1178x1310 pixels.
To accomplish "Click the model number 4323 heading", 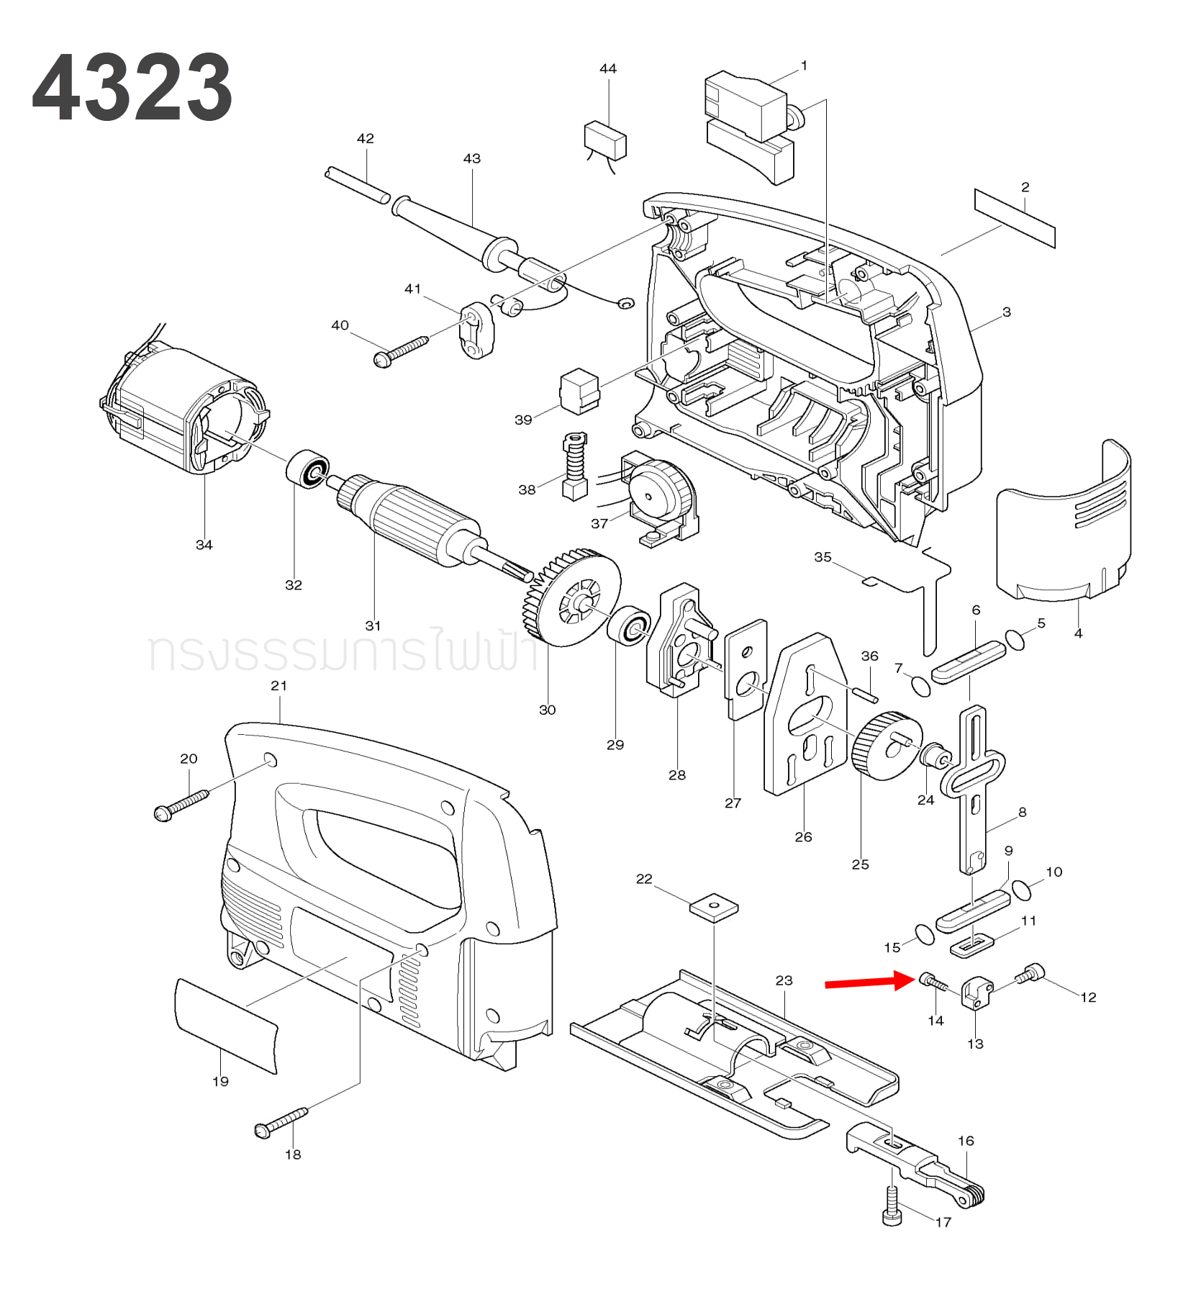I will click(x=132, y=88).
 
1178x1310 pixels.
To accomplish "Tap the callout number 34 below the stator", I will click(x=204, y=545).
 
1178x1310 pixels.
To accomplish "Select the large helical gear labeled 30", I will click(x=573, y=598).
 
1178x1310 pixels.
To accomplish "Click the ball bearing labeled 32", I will click(x=308, y=469).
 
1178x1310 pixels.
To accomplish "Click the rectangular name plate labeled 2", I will click(x=1015, y=218).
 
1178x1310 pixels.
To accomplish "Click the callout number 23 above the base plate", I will click(x=784, y=980).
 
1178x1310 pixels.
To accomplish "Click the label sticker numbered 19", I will click(x=225, y=1025).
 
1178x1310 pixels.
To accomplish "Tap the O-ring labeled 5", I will click(x=1015, y=639).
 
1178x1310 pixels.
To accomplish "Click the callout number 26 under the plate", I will click(x=803, y=836).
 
